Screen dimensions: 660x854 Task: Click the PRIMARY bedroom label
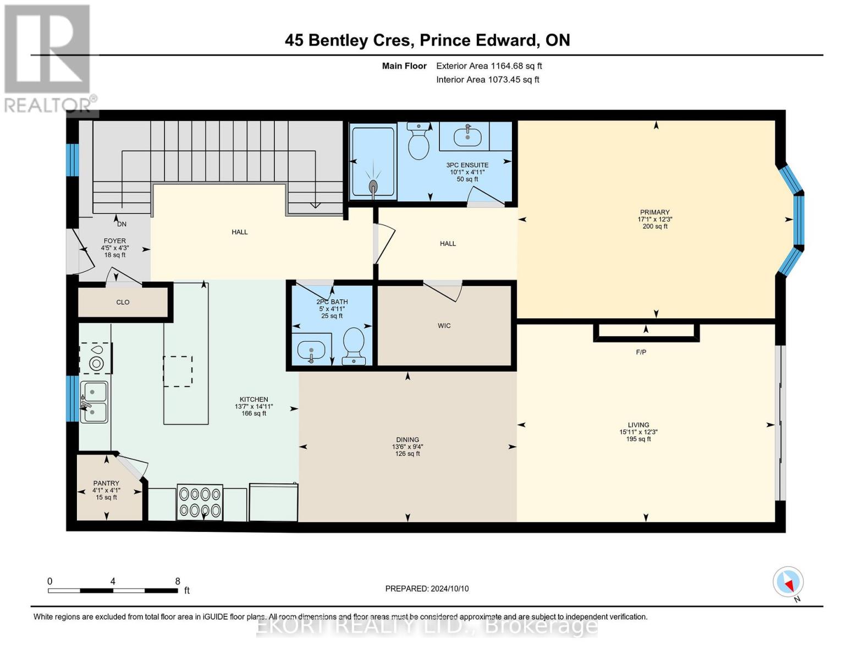point(654,212)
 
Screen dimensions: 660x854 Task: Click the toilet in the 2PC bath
point(354,345)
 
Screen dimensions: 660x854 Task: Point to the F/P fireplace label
point(641,352)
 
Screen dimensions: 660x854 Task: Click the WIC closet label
point(444,326)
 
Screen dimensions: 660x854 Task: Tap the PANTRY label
point(106,483)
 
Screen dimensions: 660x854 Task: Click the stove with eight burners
point(200,502)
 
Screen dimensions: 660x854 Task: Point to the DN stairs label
point(122,224)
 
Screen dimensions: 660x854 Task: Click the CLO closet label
point(123,302)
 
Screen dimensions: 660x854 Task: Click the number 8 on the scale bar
point(178,581)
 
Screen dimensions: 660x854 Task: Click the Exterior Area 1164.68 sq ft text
point(489,66)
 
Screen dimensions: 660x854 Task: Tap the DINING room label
point(407,439)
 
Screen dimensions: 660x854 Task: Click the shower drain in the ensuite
point(373,185)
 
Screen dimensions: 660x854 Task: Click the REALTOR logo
point(48,58)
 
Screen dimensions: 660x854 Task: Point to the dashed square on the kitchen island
point(178,371)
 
